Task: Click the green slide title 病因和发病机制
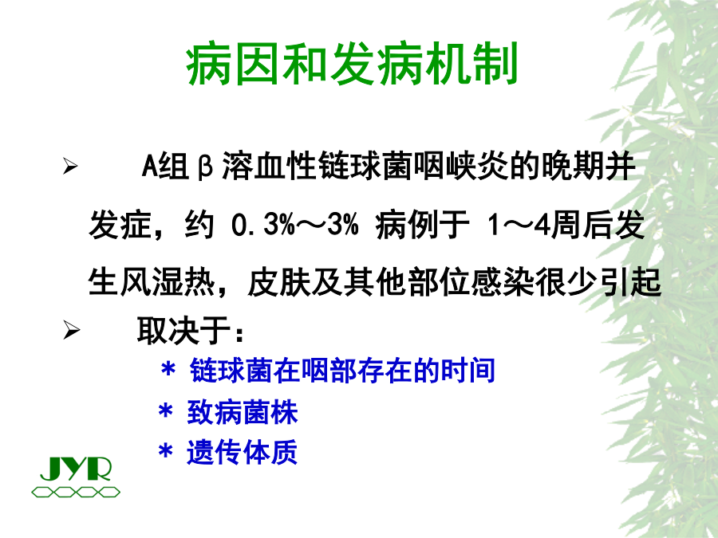pos(352,64)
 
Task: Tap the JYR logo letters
pos(76,469)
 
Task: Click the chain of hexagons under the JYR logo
pos(76,493)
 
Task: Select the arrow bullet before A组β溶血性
pos(70,166)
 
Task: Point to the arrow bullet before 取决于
pos(71,329)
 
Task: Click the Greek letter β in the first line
pos(206,167)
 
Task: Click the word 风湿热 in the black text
pos(168,281)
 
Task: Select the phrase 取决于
pos(183,329)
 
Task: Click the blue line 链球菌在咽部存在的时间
pos(342,370)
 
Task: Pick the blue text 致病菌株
pos(243,412)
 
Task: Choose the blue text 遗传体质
pos(243,452)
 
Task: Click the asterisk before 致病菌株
pos(165,411)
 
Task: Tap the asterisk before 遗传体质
pos(165,452)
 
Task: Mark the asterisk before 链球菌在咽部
pos(168,369)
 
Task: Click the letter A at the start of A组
pos(149,166)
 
